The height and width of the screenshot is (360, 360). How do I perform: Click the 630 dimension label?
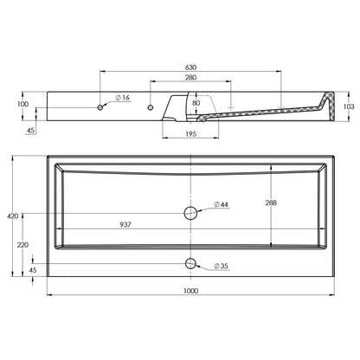pos(190,67)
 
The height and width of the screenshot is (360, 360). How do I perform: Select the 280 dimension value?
pos(190,77)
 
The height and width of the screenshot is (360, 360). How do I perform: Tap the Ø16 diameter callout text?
pos(123,98)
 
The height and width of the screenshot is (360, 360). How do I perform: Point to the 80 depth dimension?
pos(196,103)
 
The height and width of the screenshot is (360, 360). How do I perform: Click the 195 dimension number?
pos(190,133)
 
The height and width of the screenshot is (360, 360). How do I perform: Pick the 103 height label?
pos(349,106)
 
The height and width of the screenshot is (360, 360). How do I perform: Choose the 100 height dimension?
pos(23,104)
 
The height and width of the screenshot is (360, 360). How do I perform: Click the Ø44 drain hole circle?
pos(190,213)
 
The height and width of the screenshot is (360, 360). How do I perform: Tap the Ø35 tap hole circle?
pos(190,263)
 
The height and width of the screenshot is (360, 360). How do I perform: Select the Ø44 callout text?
pos(221,204)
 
